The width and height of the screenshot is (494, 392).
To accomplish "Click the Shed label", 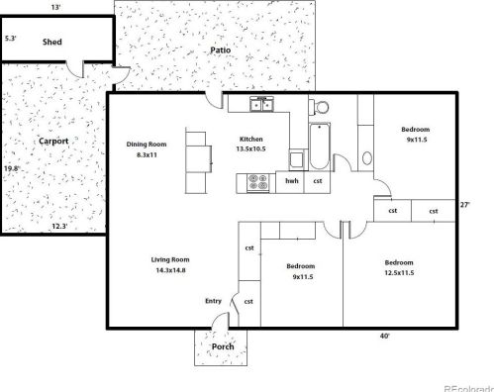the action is point(52,42).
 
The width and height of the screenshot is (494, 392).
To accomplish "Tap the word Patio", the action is point(221,50).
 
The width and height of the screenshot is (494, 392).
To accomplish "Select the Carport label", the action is point(53,142).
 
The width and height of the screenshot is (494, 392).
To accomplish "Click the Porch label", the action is point(223,346).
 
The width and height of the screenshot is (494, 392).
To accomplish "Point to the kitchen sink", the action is point(261,104).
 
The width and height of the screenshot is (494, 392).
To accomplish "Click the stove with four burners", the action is point(258,182).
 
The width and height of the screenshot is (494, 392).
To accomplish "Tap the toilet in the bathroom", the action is point(319,107).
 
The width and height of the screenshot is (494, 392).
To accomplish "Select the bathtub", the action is point(320,147).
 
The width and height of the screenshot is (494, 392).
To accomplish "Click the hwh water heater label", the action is point(292,181).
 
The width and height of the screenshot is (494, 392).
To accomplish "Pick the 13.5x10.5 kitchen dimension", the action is point(250,148).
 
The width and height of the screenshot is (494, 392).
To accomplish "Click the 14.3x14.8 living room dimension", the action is point(170,270).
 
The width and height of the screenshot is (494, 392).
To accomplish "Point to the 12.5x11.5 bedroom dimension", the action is point(399,273).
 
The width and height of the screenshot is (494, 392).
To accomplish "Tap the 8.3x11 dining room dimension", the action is point(147,154).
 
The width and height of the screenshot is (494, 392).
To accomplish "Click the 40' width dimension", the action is point(384,337).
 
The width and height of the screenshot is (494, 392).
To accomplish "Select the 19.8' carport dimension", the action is point(12,168).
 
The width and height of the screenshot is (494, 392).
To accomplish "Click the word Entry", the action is point(213,301).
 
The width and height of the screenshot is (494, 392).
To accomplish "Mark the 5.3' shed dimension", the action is point(11,39).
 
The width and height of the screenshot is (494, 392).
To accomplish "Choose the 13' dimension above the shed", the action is point(56,7).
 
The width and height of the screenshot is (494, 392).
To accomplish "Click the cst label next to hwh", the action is point(318,181).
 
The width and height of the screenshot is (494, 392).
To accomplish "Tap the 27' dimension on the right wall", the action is point(464,205).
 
